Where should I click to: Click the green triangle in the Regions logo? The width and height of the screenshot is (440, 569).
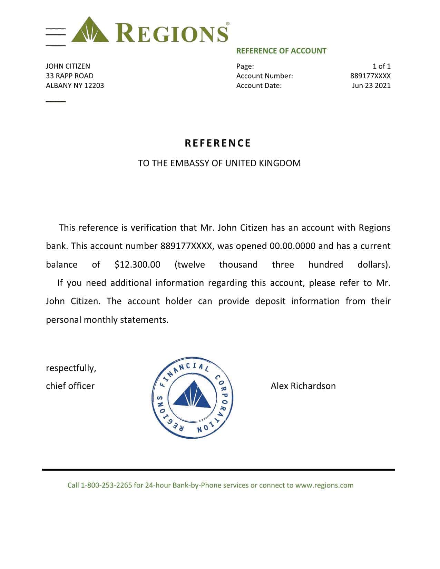tap(90, 31)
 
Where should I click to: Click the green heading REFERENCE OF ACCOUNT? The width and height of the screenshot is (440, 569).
tap(281, 51)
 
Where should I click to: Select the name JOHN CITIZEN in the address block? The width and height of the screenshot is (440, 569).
tap(68, 66)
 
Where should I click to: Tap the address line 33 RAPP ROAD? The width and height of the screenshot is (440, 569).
tap(70, 76)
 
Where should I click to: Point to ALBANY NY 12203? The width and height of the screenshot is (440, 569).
tap(75, 86)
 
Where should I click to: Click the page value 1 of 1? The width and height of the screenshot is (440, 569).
tap(381, 66)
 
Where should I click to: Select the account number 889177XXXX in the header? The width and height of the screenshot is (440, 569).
tap(370, 76)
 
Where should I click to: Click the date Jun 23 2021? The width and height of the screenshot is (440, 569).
tap(371, 86)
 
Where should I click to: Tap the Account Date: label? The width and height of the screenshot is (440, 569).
tap(259, 86)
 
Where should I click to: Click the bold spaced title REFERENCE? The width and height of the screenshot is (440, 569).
tap(218, 143)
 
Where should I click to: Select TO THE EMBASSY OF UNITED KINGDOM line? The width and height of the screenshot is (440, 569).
tap(219, 163)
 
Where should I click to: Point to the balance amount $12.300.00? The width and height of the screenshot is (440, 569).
tap(137, 264)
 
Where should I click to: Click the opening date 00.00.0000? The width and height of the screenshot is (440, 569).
tap(292, 246)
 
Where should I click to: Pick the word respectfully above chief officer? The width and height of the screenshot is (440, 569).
tap(71, 368)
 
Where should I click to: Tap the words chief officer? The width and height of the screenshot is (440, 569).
tap(70, 386)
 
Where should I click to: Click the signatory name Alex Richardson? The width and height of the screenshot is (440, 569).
tap(303, 386)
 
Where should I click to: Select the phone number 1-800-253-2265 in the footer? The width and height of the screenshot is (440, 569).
tap(106, 485)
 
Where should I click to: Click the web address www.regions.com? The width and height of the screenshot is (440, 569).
tap(324, 485)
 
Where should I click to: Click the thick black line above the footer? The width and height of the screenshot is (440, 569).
tap(218, 470)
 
